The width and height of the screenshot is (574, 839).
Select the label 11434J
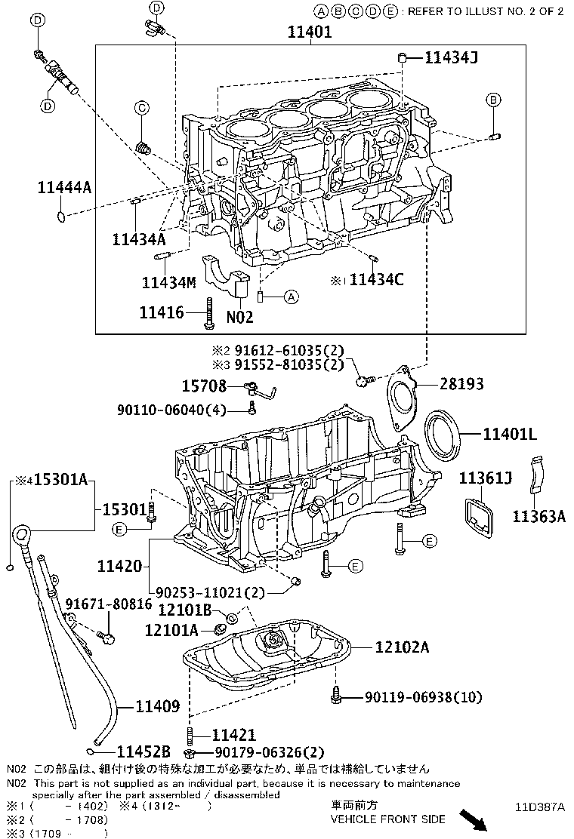(451, 57)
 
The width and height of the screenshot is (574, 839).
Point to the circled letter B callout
(492, 100)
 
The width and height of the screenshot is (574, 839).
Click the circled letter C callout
(140, 109)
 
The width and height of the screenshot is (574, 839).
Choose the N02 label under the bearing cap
(239, 317)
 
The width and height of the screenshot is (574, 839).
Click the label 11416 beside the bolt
(161, 311)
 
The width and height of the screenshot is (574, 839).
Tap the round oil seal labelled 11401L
(441, 432)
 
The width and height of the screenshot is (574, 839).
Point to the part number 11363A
(539, 515)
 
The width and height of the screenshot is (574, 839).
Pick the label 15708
(203, 386)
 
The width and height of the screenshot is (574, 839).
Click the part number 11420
(119, 564)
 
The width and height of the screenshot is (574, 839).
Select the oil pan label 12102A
(402, 647)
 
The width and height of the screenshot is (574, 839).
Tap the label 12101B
(184, 610)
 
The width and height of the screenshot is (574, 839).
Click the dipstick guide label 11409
(157, 707)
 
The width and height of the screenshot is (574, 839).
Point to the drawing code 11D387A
(539, 806)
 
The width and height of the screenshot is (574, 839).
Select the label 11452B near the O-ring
(143, 751)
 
